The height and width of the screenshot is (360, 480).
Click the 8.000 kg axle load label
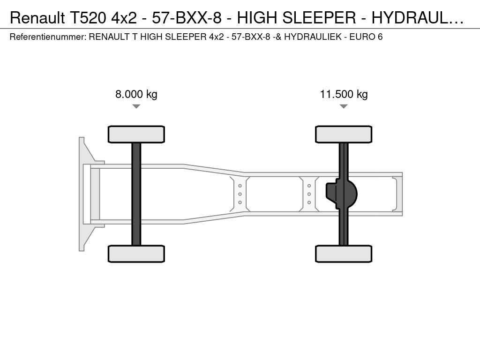136,94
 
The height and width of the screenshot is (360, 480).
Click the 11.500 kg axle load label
344,94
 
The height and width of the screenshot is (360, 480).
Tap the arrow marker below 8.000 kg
136,106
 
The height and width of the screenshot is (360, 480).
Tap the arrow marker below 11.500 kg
344,106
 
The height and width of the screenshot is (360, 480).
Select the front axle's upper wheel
136,134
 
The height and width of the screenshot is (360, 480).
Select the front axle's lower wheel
136,254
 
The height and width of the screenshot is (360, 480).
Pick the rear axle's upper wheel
344,134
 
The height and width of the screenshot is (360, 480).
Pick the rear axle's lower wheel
344,254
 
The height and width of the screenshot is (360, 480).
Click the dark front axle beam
136,194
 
